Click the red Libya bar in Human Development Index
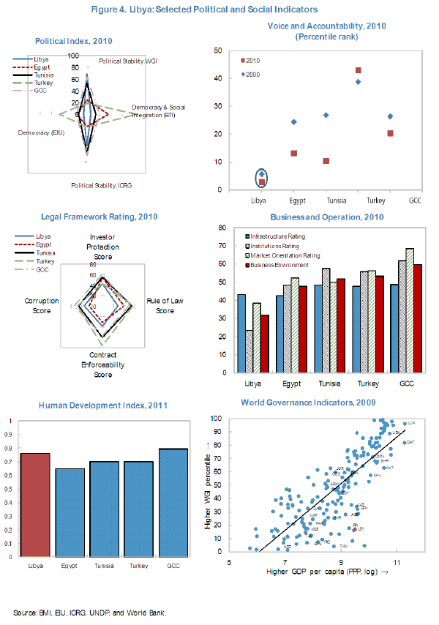(x=34, y=505)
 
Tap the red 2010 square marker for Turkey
(x=359, y=70)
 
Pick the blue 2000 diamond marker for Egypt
(x=294, y=121)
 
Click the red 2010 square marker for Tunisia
(x=326, y=161)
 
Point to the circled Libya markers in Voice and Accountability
(x=262, y=178)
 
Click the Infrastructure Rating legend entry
(x=276, y=236)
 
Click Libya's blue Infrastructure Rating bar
(x=241, y=336)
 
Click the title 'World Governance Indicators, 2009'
(x=316, y=403)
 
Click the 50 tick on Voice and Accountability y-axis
(x=218, y=50)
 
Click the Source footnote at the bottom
(x=89, y=612)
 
